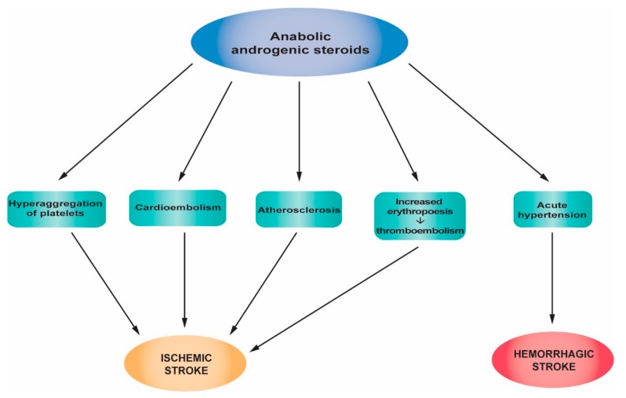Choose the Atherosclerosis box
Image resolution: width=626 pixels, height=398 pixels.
click(298, 210)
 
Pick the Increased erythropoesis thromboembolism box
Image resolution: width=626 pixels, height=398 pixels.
click(420, 215)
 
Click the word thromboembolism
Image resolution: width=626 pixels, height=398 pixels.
click(420, 230)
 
